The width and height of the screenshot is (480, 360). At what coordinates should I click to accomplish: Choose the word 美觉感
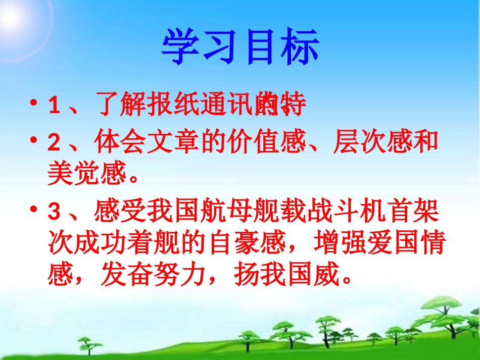tap(86, 174)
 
